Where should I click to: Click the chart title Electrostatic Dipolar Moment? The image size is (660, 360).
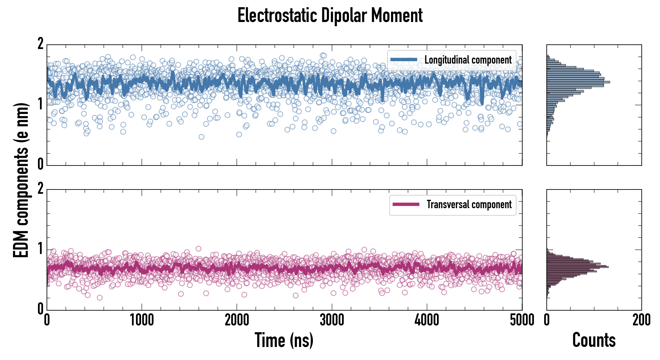point(330,15)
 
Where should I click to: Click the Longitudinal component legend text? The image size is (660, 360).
point(468,60)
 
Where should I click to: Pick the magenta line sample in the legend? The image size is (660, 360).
point(406,204)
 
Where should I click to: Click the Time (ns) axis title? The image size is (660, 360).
point(284,340)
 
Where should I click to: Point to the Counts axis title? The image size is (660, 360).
point(594,340)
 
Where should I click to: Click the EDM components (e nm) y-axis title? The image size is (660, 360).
point(21,180)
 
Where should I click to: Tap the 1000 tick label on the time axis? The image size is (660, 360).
point(142,320)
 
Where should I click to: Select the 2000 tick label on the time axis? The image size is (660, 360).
point(237,320)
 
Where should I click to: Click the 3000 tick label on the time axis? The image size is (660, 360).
point(332,320)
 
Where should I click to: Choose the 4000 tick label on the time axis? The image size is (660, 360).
point(427,320)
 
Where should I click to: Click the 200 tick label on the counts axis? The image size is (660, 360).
point(641,320)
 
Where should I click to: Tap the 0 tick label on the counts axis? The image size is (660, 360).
point(547,320)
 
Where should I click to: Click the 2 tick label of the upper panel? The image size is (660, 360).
point(40,44)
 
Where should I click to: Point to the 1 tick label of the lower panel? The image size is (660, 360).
point(40,249)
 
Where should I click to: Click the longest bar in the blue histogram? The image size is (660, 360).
point(578,82)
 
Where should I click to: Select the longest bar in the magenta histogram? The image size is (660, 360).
point(578,267)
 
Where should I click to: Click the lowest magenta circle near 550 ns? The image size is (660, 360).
point(100,297)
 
